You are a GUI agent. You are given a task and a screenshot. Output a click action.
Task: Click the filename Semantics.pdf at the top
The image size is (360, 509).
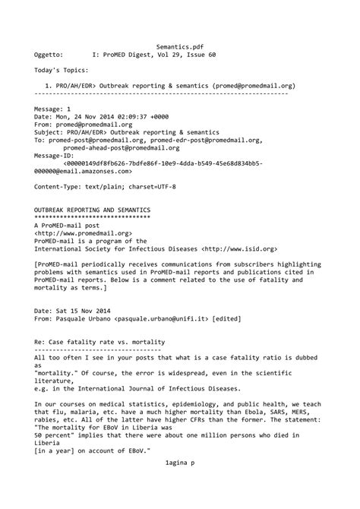pyautogui.click(x=179, y=46)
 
